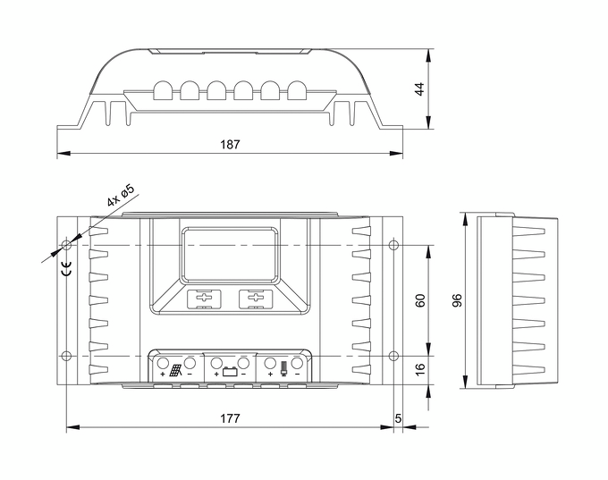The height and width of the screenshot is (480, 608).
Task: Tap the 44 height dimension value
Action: pos(443,89)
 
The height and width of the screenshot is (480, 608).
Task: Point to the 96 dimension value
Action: pos(457,300)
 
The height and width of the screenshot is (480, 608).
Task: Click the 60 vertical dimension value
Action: pos(420,300)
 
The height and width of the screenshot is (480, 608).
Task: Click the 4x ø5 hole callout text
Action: pos(120,196)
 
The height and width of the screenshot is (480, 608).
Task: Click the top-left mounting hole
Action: pos(66,244)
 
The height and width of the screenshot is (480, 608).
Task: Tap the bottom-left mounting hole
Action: pos(66,356)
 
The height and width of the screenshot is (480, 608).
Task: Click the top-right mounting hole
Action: pos(393,244)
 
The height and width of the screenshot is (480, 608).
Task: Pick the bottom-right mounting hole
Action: pos(393,356)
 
